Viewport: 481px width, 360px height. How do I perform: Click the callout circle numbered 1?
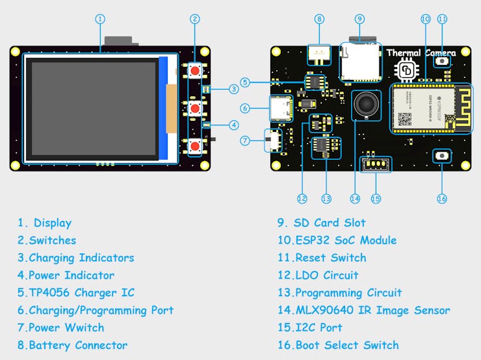[100, 19]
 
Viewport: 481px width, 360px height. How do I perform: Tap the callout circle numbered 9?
[360, 19]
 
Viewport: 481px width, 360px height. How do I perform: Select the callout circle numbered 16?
[442, 198]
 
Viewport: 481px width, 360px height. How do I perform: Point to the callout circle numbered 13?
[326, 198]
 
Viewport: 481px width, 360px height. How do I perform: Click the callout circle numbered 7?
[245, 140]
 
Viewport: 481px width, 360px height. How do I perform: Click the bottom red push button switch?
[194, 145]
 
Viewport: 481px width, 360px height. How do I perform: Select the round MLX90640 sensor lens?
[364, 104]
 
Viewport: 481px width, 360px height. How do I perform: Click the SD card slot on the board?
[361, 63]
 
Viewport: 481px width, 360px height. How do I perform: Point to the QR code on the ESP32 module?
[404, 119]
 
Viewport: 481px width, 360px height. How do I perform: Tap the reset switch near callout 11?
[442, 61]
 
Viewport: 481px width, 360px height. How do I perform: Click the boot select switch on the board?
[442, 156]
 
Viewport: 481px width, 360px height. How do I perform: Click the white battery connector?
[319, 53]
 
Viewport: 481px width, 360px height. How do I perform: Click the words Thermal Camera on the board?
[421, 53]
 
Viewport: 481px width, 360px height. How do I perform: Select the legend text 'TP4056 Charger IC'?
[81, 292]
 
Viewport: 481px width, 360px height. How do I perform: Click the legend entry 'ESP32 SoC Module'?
[345, 240]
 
